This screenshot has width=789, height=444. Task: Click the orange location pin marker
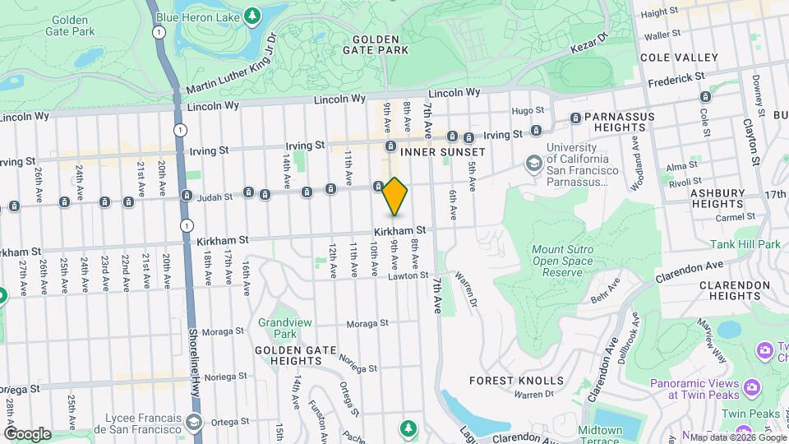pyautogui.click(x=394, y=196)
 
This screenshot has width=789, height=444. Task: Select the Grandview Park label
pyautogui.click(x=275, y=329)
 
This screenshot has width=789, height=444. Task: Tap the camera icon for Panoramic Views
pyautogui.click(x=751, y=387)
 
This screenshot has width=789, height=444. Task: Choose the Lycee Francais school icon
pyautogui.click(x=193, y=422)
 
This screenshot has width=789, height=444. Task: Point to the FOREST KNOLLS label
pyautogui.click(x=517, y=381)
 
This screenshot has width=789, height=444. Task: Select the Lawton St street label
pyautogui.click(x=404, y=276)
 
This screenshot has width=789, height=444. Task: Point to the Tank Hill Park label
pyautogui.click(x=745, y=244)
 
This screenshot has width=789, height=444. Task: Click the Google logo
pyautogui.click(x=27, y=433)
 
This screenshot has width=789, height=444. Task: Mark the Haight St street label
pyautogui.click(x=659, y=12)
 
